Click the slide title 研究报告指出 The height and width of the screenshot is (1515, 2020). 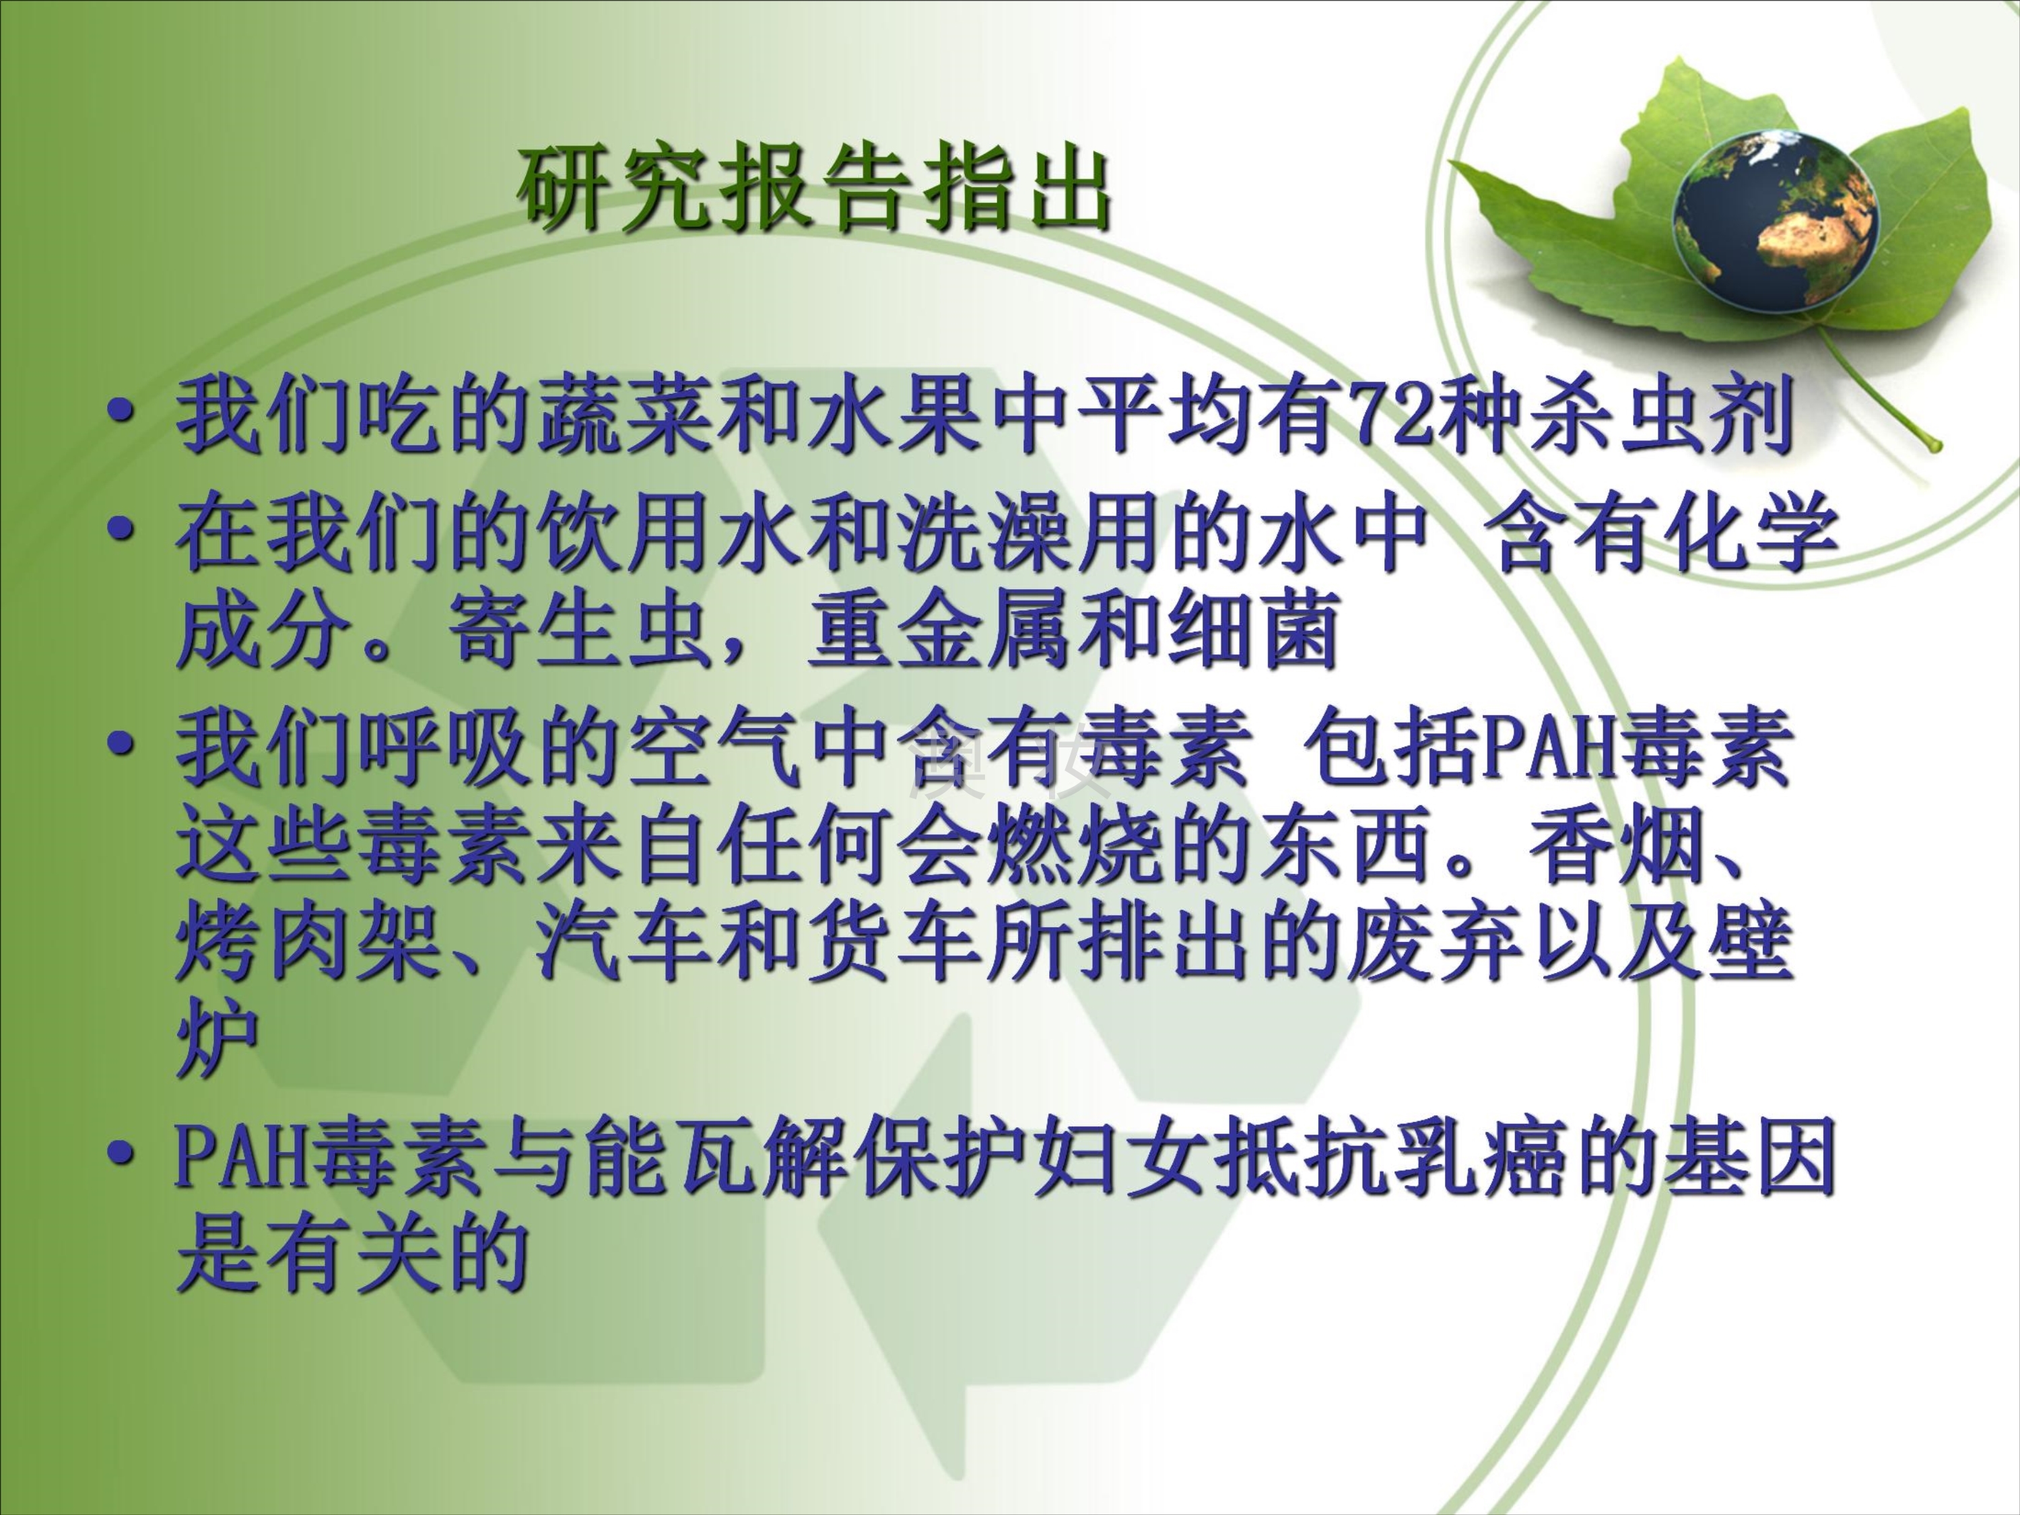[815, 191]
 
